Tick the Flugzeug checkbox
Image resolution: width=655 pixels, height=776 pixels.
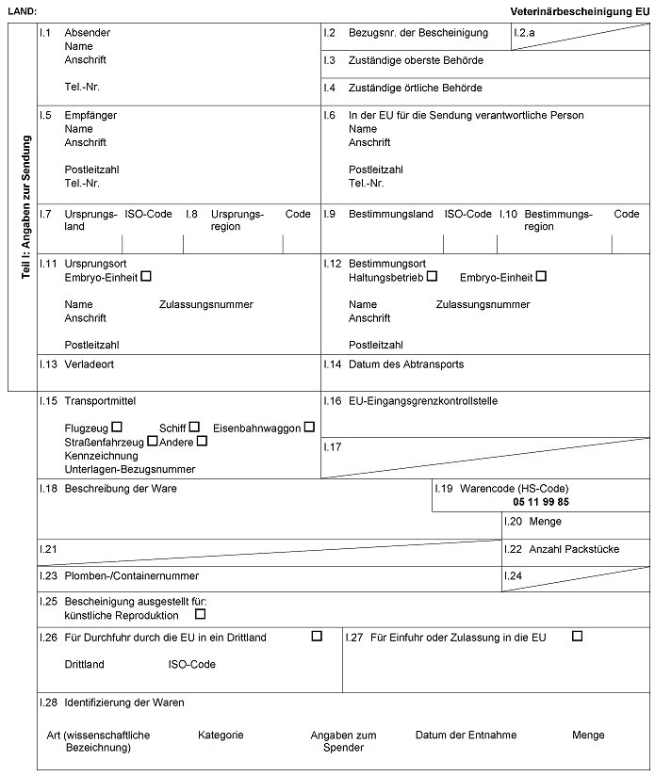coord(117,427)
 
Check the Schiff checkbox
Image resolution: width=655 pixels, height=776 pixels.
coord(194,427)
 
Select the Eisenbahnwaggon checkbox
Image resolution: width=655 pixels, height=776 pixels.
coord(309,427)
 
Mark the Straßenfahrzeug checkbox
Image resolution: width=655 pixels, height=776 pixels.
coord(152,441)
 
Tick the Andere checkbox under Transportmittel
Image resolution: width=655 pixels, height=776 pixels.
coord(202,441)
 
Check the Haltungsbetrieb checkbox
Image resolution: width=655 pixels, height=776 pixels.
coord(432,277)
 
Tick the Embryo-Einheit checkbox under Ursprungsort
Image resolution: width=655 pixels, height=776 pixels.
coord(145,277)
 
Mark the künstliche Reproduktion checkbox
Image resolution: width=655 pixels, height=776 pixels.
coord(200,615)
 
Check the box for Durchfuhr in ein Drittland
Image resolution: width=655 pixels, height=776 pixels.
coord(317,636)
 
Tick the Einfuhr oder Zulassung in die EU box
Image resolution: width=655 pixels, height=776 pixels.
coord(578,636)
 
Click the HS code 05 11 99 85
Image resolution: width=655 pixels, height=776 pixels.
coord(541,503)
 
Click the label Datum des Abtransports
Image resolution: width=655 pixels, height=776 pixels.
coord(406,364)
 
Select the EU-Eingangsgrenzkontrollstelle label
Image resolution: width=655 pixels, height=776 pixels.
coord(423,401)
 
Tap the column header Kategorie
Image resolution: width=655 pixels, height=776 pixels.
coord(221,735)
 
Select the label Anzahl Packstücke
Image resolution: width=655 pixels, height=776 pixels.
coord(574,549)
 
